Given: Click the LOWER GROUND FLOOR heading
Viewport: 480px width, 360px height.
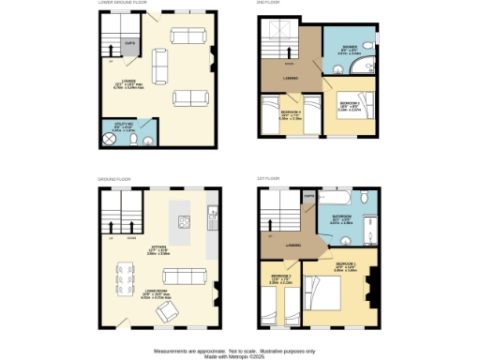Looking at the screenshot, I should (x=123, y=3).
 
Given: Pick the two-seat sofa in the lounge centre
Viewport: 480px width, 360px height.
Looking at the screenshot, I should (x=157, y=67).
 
